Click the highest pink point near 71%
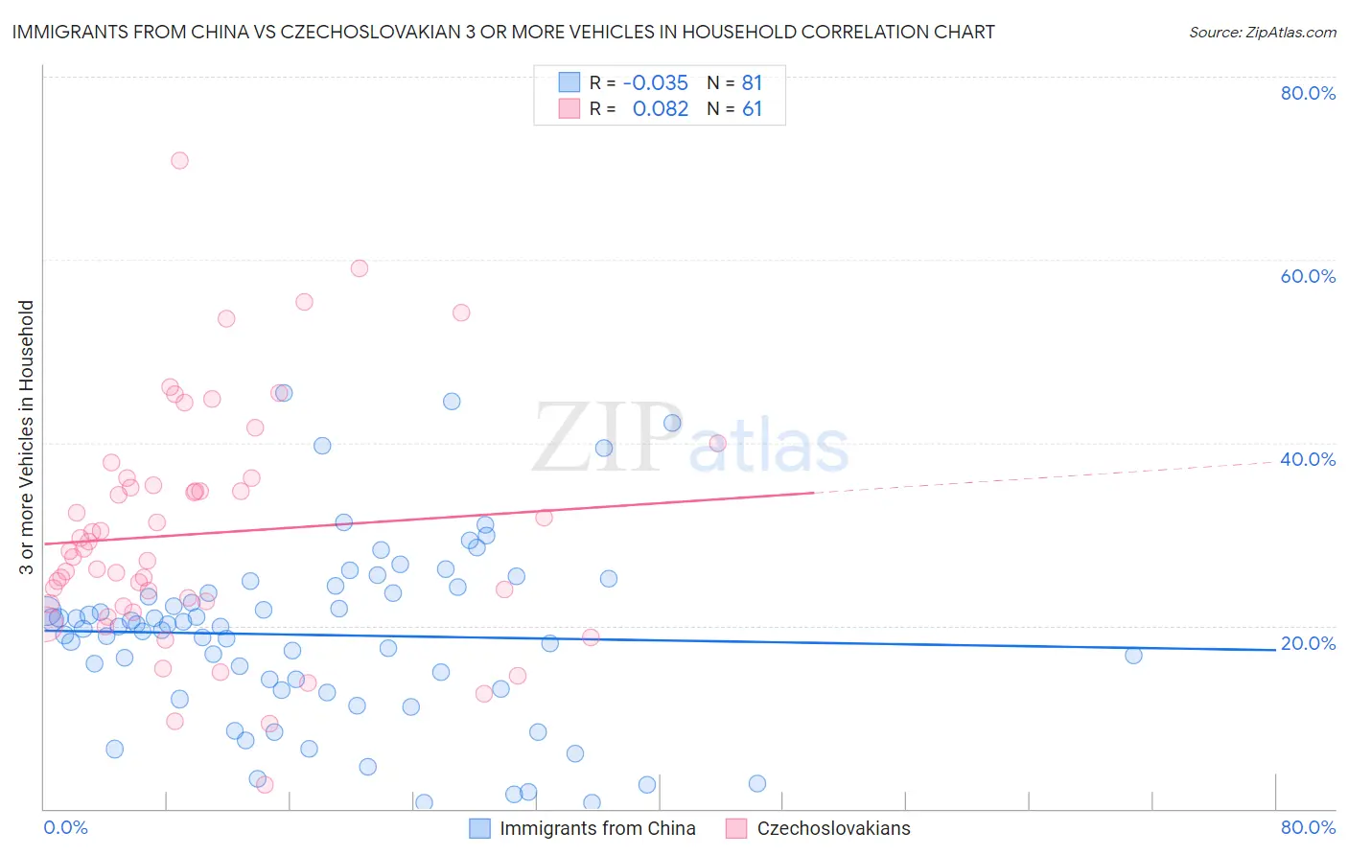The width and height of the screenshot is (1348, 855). click(x=179, y=160)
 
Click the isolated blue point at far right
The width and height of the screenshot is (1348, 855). click(x=1133, y=656)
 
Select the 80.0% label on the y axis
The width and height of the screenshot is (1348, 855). click(x=1308, y=93)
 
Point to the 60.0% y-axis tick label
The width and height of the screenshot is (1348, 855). click(x=1308, y=276)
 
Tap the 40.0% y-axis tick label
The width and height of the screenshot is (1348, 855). click(x=1308, y=459)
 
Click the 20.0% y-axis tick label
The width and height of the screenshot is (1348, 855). click(x=1308, y=643)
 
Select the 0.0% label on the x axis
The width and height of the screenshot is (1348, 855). click(x=65, y=827)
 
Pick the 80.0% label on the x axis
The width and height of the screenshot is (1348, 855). click(x=1308, y=827)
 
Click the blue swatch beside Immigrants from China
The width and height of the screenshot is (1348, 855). click(x=480, y=828)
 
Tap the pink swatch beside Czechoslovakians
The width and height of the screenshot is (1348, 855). click(x=736, y=828)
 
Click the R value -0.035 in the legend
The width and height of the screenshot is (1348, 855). click(x=655, y=83)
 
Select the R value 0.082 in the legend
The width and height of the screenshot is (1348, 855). click(x=661, y=109)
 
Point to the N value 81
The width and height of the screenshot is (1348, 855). click(x=752, y=83)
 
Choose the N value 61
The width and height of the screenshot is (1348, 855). click(x=752, y=109)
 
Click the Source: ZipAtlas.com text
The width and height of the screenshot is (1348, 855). click(x=1262, y=33)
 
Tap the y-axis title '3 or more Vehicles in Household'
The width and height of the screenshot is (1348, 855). click(x=27, y=437)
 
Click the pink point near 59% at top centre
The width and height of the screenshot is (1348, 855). click(x=360, y=268)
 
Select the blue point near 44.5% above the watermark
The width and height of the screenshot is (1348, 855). click(x=452, y=402)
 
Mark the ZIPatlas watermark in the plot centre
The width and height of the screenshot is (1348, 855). click(x=690, y=439)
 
